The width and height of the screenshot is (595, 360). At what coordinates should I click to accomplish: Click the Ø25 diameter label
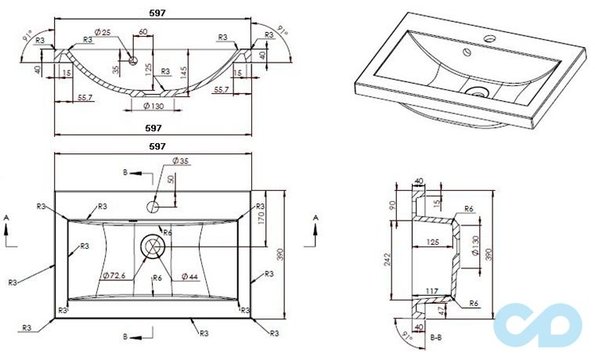point(102,32)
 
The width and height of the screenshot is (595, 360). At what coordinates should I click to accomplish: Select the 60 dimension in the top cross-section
point(142,32)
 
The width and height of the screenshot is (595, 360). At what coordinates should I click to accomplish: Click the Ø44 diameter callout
point(189,275)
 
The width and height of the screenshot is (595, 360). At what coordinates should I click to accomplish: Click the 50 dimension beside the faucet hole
point(170,181)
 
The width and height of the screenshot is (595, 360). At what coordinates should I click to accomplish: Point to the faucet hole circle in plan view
point(153,207)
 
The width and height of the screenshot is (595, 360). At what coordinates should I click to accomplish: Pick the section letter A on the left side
point(6,216)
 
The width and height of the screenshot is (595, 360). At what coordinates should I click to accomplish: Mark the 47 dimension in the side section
point(443,311)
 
